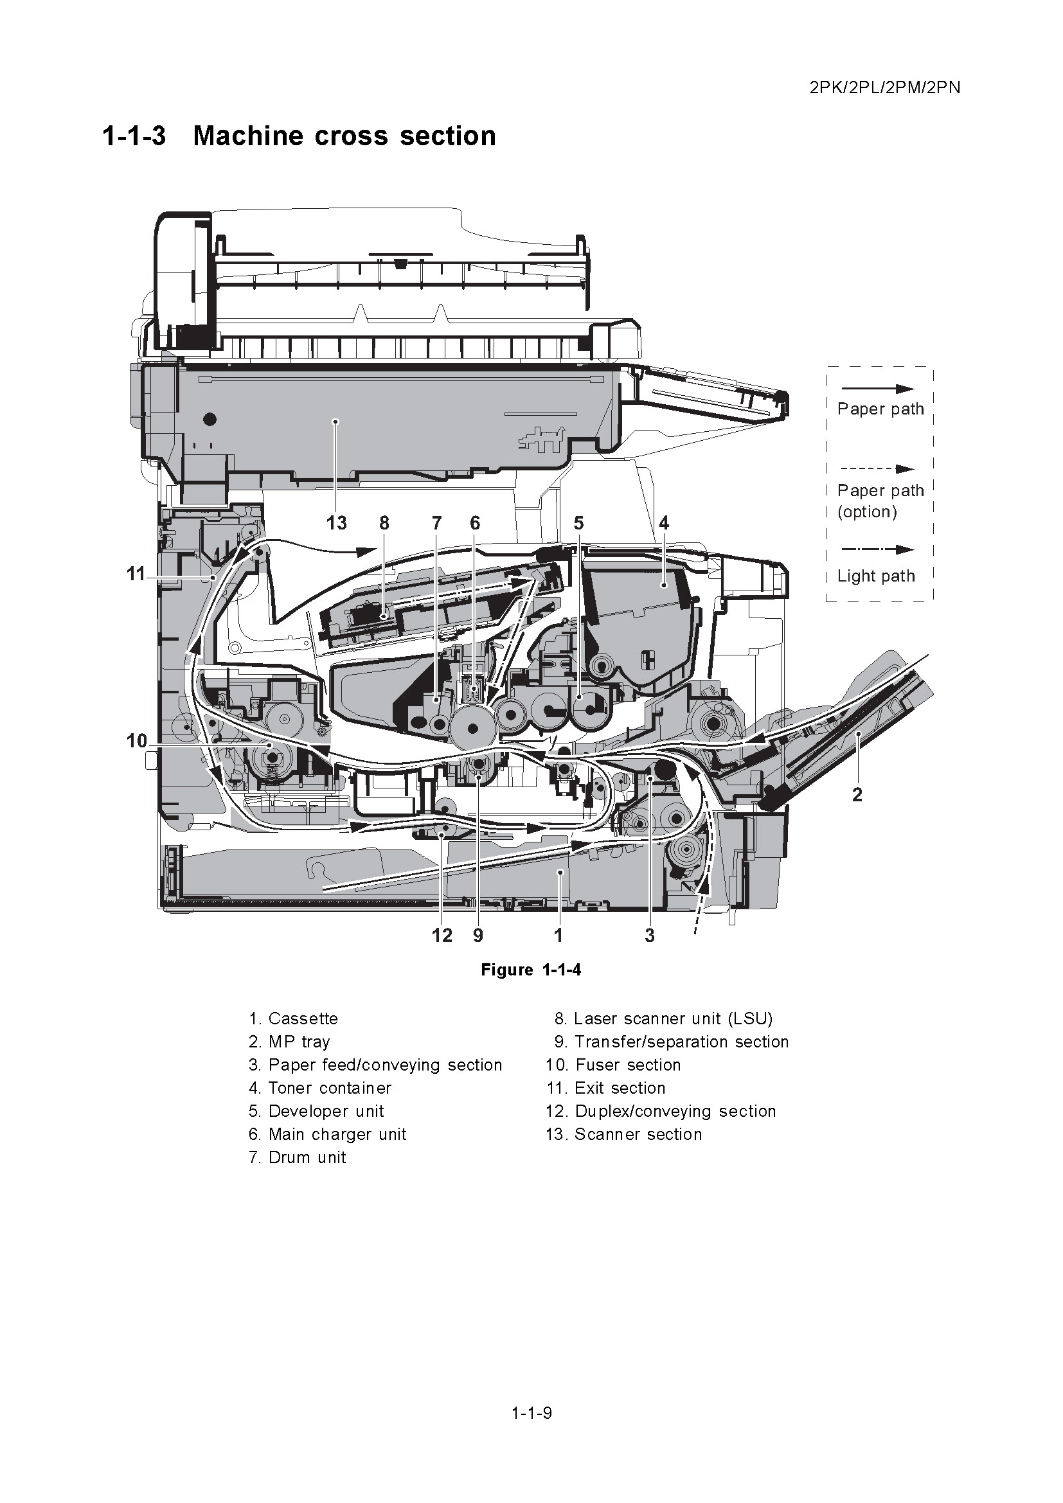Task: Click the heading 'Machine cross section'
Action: pos(344,136)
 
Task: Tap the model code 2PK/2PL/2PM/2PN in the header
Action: pos(884,88)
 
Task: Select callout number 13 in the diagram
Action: pos(336,523)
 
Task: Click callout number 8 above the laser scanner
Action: pos(384,523)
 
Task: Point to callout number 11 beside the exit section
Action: pos(136,574)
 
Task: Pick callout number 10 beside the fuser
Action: pos(137,741)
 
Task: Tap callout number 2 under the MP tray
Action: pos(857,795)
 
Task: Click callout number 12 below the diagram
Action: pos(442,936)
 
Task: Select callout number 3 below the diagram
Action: pos(649,936)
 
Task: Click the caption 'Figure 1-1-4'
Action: pos(531,970)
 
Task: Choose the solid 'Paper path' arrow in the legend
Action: pos(877,389)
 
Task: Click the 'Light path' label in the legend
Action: pos(876,576)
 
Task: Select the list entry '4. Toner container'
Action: pos(320,1088)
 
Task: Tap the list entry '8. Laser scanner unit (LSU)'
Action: pos(663,1018)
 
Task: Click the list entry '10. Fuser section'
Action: pos(613,1065)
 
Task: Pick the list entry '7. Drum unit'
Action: pos(297,1157)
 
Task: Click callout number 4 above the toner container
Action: pos(664,523)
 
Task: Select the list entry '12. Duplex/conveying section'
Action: pos(661,1111)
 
